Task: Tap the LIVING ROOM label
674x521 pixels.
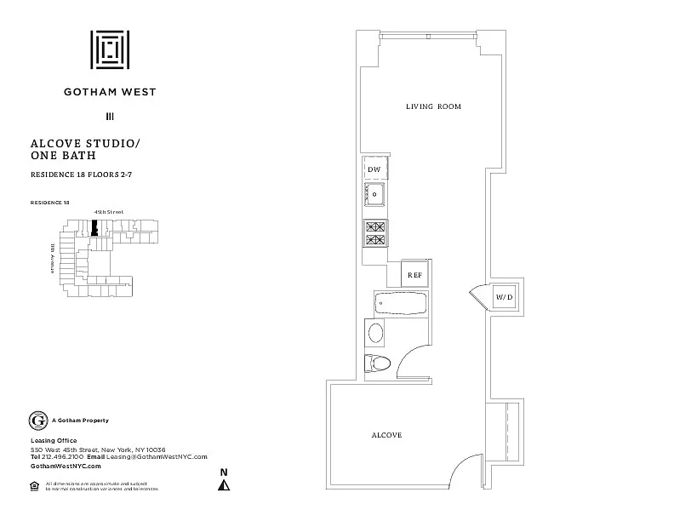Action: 432,106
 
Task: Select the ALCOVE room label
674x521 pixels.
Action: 386,435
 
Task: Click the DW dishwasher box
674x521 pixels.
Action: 374,170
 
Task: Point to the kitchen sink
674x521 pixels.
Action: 374,195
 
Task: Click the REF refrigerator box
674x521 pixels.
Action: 414,275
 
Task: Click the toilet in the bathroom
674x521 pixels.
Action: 377,364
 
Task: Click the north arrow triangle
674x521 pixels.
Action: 224,485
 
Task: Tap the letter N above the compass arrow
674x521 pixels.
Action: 224,472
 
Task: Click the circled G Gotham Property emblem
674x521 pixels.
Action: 37,421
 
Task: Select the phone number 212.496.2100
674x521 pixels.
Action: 63,457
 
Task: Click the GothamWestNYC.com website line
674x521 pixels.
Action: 66,467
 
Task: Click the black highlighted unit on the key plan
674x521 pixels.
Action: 95,228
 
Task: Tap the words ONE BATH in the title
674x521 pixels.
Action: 62,157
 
